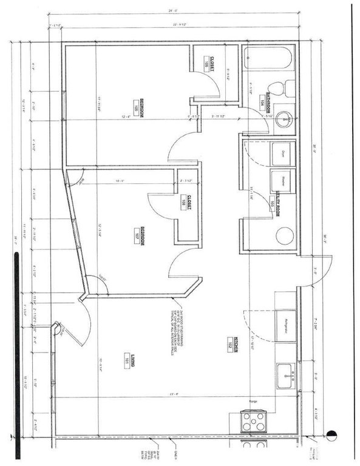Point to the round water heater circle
point(284,235)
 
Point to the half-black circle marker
point(331,434)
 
